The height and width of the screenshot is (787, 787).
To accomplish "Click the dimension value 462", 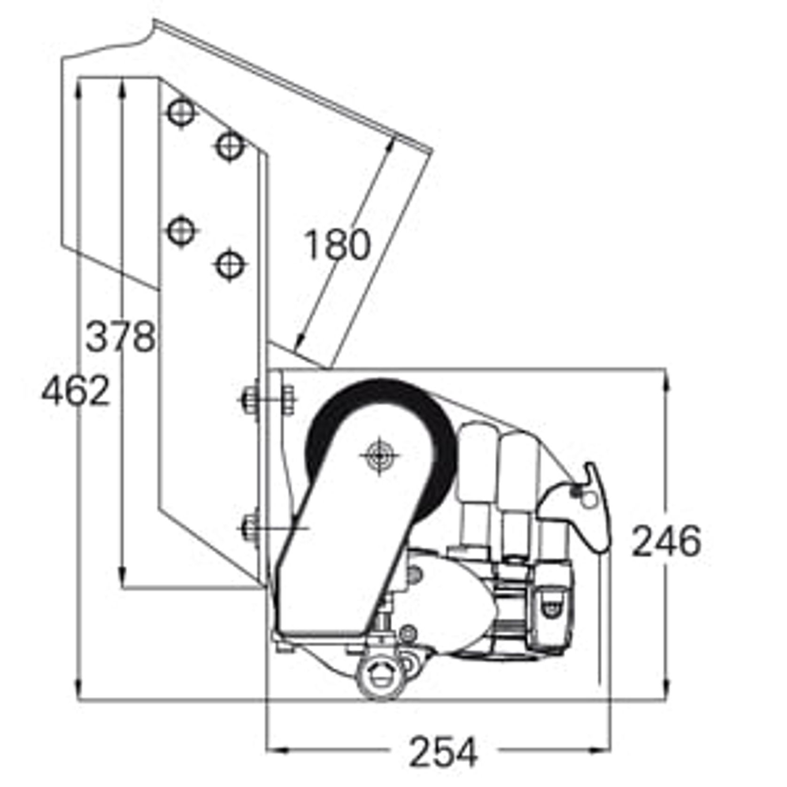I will pos(75,391).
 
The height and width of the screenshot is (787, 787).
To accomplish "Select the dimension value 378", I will pos(120,336).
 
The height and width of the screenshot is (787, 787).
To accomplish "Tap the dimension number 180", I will pos(337,245).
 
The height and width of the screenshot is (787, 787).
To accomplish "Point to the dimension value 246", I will pos(666,541).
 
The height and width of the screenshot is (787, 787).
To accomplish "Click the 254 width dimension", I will pos(443,752).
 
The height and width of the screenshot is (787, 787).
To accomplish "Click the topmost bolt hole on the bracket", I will pos(181,112).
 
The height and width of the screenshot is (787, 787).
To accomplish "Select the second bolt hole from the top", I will pos(230,146).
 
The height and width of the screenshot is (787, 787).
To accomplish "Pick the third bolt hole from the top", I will pos(181,231).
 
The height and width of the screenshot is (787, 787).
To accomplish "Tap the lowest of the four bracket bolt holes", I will pos(230,265).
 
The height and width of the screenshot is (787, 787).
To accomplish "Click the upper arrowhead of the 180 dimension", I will pos(391,143).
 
